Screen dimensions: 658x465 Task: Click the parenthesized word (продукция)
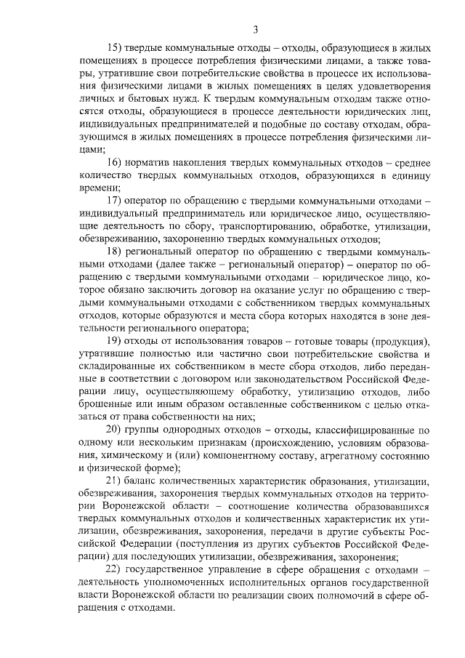402,342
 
